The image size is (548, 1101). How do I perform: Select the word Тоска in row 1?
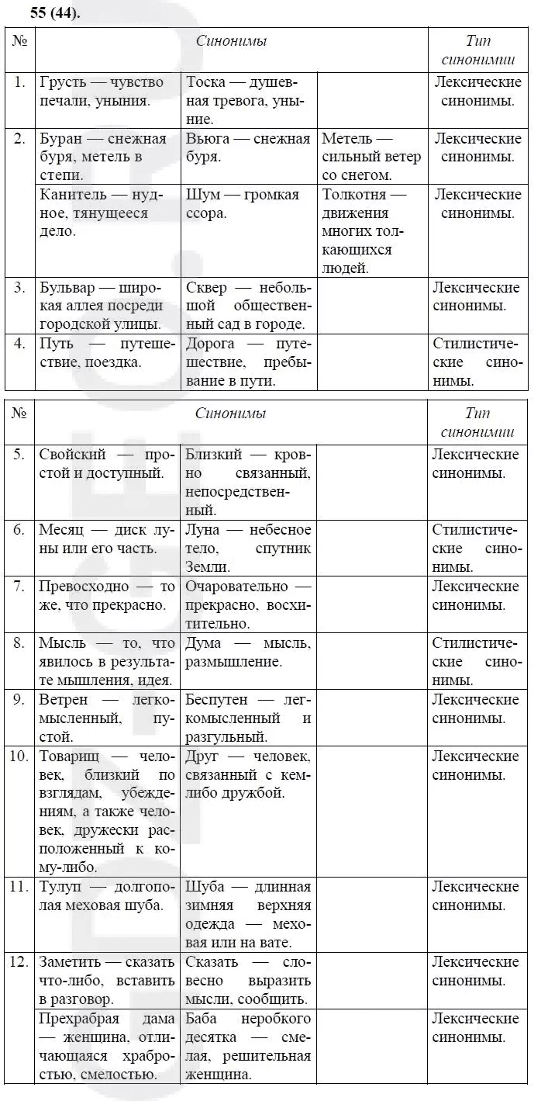[207, 82]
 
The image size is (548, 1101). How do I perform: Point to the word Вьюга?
[207, 139]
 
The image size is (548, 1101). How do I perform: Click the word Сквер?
[206, 288]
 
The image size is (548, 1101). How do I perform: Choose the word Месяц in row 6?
[62, 529]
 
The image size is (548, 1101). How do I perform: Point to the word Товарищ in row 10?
[70, 756]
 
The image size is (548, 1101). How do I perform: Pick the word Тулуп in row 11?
[60, 887]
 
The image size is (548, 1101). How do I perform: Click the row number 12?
[19, 962]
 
